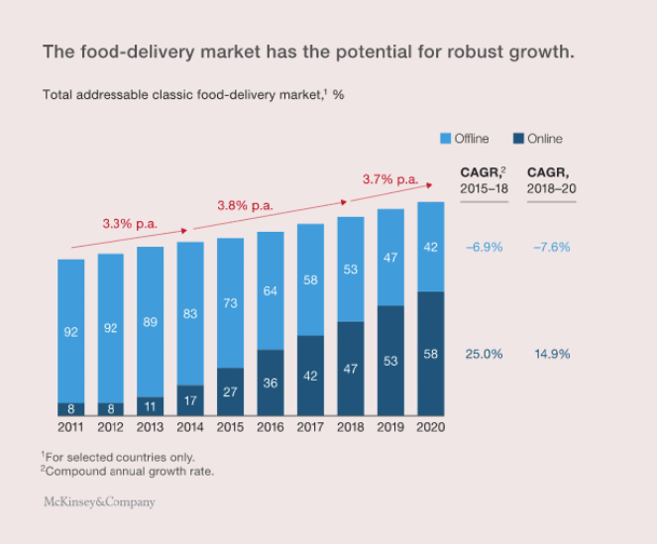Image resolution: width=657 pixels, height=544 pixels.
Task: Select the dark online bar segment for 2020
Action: (430, 353)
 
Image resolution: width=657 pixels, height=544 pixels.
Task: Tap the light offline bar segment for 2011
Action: (70, 330)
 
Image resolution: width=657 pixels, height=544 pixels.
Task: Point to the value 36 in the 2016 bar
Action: (271, 381)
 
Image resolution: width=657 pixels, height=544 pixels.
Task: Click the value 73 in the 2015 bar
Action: (230, 303)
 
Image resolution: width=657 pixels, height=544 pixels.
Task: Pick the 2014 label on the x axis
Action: (190, 427)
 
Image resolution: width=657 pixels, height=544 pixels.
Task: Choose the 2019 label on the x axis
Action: (390, 427)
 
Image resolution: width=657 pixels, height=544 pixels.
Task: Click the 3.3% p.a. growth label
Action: (130, 223)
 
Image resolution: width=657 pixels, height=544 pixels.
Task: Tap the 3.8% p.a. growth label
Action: (245, 205)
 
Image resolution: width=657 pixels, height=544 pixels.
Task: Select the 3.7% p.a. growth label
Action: (390, 179)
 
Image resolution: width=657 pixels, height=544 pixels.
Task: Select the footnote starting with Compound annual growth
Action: (128, 471)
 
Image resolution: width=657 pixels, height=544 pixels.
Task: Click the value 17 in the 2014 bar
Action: (190, 400)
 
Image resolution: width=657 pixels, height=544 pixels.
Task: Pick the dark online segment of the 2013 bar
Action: (151, 405)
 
